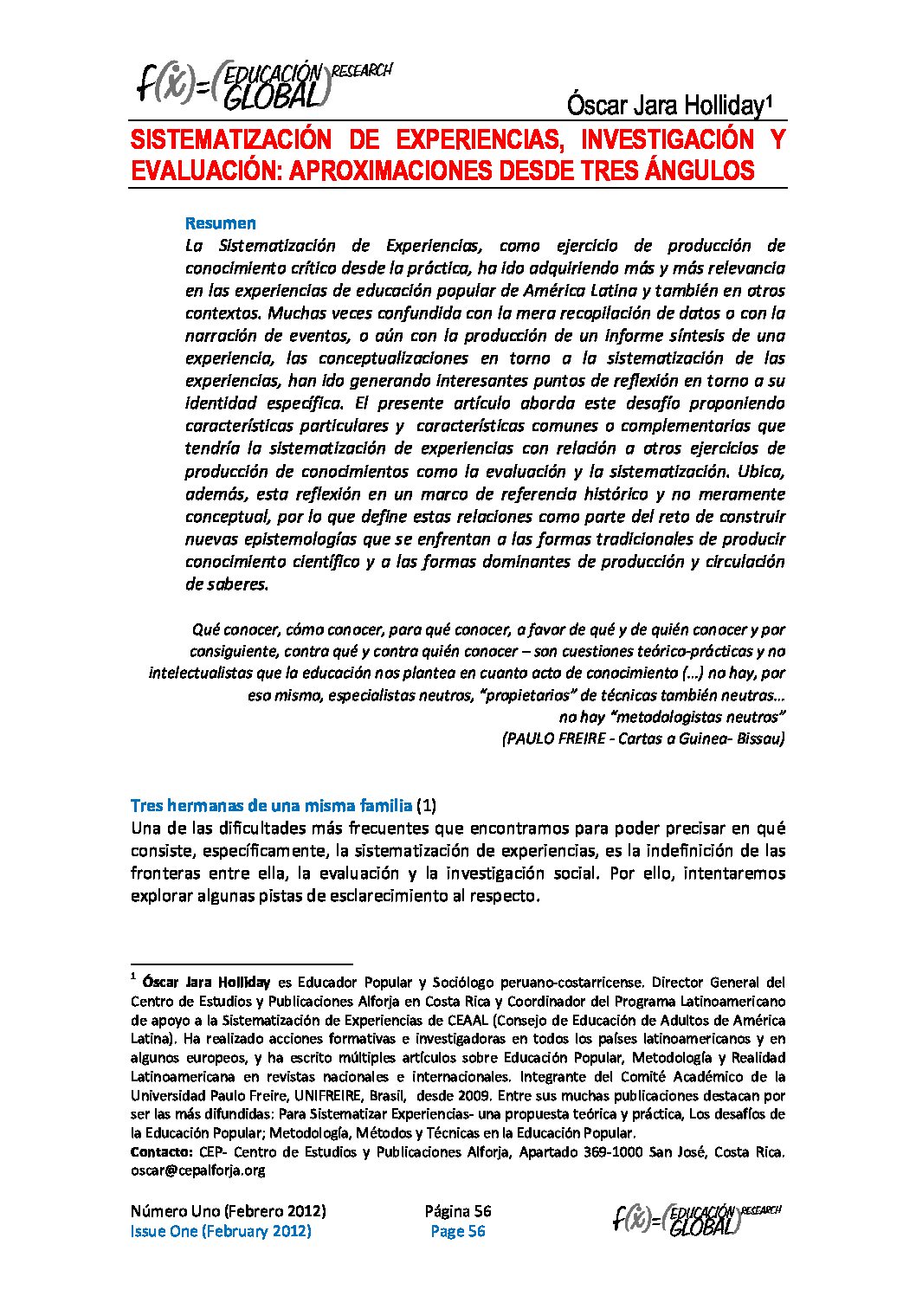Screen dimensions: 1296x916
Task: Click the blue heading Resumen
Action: (x=221, y=223)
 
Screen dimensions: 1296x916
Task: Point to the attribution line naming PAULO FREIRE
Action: (x=643, y=738)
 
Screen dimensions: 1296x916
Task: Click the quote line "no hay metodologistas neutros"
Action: (x=672, y=717)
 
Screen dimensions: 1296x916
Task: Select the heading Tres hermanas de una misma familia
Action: (x=271, y=806)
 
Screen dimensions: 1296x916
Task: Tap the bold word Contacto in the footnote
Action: (x=161, y=1152)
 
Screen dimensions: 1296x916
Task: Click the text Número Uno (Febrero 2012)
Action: (x=228, y=1211)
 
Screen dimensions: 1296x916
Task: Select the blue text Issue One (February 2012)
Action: (x=221, y=1231)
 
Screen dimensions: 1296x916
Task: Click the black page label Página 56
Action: (x=458, y=1211)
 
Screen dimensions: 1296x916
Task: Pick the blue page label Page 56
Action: (x=458, y=1231)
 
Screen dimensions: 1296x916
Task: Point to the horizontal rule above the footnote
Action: (x=242, y=964)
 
